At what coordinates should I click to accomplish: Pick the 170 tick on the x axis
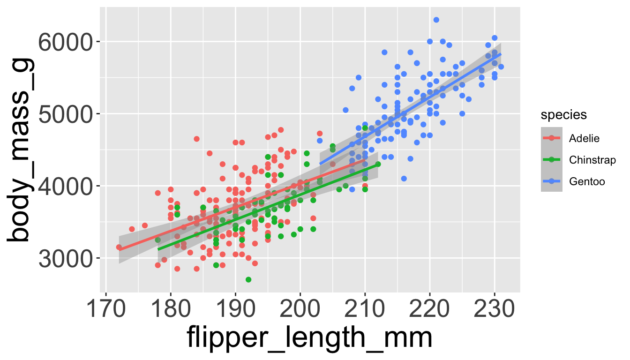click(106, 310)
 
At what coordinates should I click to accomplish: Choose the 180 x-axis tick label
click(171, 310)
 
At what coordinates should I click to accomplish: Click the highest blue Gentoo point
click(436, 20)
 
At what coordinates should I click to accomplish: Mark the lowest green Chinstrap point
click(248, 279)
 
